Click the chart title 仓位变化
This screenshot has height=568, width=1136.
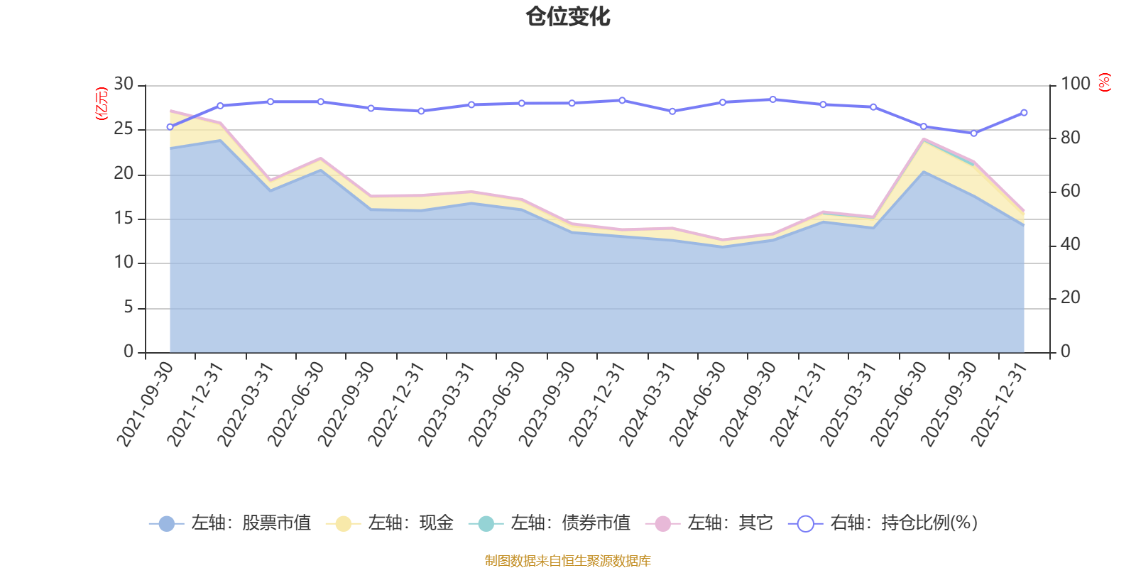coord(567,17)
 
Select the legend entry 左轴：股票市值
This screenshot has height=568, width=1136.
coord(230,523)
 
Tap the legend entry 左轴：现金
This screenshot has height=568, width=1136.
coord(390,523)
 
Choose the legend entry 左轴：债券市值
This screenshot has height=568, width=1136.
coord(550,523)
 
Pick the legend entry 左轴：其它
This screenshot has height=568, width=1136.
coord(709,523)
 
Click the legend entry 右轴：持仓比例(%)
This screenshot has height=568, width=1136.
coord(883,523)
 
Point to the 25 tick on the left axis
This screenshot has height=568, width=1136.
coord(124,129)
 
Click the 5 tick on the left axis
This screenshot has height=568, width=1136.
coord(129,307)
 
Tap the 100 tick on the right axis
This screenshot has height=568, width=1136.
coord(1076,84)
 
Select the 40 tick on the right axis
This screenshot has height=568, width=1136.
coord(1071,244)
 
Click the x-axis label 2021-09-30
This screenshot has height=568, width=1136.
coord(145,404)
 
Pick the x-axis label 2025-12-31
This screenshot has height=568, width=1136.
coord(999,404)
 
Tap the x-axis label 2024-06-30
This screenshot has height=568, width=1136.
coord(697,404)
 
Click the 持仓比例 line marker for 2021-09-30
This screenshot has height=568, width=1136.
coord(170,127)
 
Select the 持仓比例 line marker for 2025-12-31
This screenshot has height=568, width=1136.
coord(1024,113)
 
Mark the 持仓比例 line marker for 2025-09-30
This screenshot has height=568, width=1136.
coord(973,133)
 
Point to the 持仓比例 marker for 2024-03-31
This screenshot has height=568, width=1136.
coord(672,111)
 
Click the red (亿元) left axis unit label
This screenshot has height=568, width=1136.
coord(102,104)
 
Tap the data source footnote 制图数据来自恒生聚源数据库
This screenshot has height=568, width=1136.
coord(567,560)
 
